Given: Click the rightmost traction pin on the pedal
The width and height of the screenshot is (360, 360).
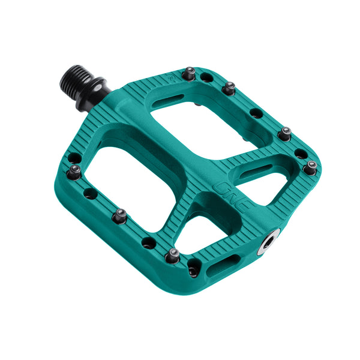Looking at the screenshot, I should [x=310, y=168].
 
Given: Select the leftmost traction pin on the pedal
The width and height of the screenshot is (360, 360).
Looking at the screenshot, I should [x=74, y=172].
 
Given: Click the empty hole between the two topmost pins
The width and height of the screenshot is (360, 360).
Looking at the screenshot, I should [x=207, y=77].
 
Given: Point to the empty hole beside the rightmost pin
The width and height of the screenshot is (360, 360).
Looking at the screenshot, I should [x=299, y=154].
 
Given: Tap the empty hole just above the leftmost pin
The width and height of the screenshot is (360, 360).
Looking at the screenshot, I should [x=74, y=158].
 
